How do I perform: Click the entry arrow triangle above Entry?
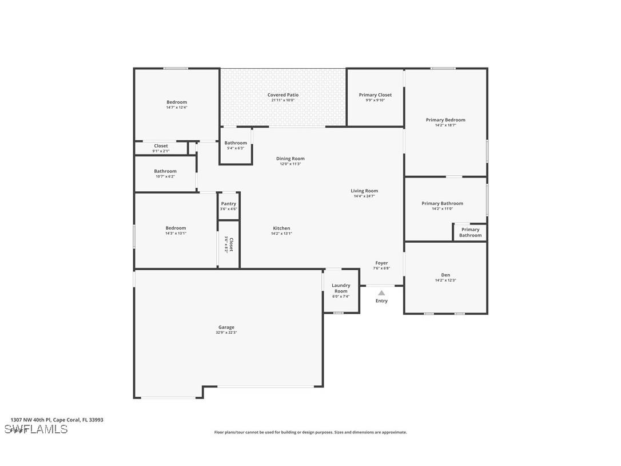pos(381,293)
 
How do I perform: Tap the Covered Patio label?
pos(283,95)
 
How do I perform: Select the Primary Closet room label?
pos(375,95)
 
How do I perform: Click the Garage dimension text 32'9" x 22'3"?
pos(226,333)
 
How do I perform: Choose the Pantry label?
pos(228,204)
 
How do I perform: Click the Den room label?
pos(445,275)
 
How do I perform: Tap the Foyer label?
pos(381,263)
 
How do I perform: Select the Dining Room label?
pos(290,159)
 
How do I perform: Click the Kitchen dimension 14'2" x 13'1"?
pos(281,234)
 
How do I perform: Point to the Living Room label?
pos(364,191)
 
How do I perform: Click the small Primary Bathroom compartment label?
pos(470,232)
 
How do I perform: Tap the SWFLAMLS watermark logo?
pos(36,429)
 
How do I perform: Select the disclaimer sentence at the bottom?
pos(310,432)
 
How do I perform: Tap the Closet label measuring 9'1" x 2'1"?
pos(161,145)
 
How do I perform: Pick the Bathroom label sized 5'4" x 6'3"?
pos(236,143)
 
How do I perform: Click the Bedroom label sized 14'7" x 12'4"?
pos(177,102)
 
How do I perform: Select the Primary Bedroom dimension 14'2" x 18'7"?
pos(445,125)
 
